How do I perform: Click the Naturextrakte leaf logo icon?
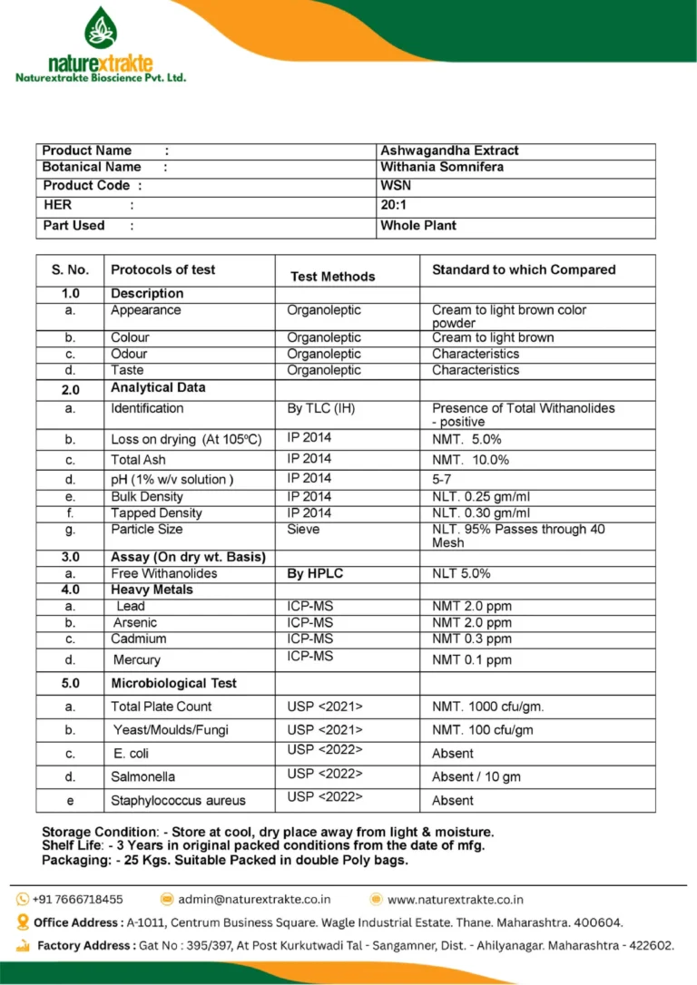pos(101,27)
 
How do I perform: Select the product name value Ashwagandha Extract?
pos(449,151)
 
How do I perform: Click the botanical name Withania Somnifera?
pos(442,167)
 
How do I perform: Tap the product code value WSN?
pos(396,185)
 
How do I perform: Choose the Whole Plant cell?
pos(418,225)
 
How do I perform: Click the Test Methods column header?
pos(332,276)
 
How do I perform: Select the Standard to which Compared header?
pos(524,269)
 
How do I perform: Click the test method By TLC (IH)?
pos(321,408)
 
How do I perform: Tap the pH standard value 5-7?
pos(442,479)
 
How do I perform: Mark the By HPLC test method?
pos(315,573)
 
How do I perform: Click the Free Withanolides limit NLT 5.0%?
pos(461,573)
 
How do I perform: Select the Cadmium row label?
pos(139,639)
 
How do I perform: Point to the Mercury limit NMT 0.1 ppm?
pos(472,660)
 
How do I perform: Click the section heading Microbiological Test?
pos(173,683)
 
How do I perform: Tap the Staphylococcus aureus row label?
pos(178,801)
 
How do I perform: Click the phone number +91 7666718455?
pos(77,899)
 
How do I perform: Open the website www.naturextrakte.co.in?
pos(455,899)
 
